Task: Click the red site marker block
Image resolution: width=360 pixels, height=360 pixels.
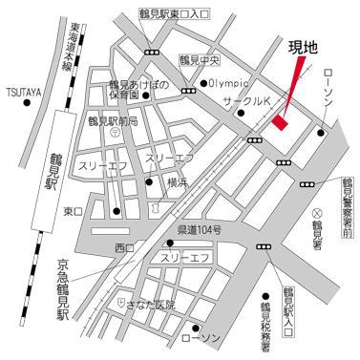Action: pyautogui.click(x=280, y=122)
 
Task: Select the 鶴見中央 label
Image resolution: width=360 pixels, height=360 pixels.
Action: pyautogui.click(x=199, y=58)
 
